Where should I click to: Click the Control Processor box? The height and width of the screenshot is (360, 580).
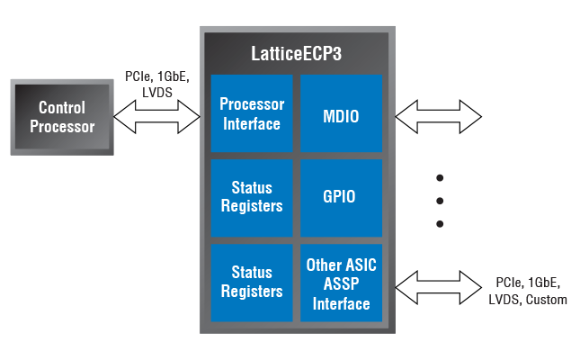tap(61, 116)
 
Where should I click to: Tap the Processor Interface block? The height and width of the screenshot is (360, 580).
tap(252, 114)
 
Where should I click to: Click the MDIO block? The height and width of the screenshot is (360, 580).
tap(341, 114)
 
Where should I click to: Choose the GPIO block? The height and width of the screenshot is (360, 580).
tap(341, 198)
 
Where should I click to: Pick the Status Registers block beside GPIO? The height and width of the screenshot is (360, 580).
tap(252, 198)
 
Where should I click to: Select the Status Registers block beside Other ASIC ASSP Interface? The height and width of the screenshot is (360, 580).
tap(252, 282)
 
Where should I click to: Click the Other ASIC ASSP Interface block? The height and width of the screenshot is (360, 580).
tap(341, 282)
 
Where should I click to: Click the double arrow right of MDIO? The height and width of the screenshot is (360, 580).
tap(439, 115)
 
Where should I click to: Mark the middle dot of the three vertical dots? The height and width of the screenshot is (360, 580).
tap(440, 200)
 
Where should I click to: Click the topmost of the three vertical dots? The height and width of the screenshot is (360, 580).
tap(440, 177)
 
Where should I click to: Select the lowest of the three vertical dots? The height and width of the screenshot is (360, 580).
tap(440, 223)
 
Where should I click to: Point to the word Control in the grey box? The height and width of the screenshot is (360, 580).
tap(61, 107)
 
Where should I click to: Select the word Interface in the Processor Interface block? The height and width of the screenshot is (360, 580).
tap(252, 123)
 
